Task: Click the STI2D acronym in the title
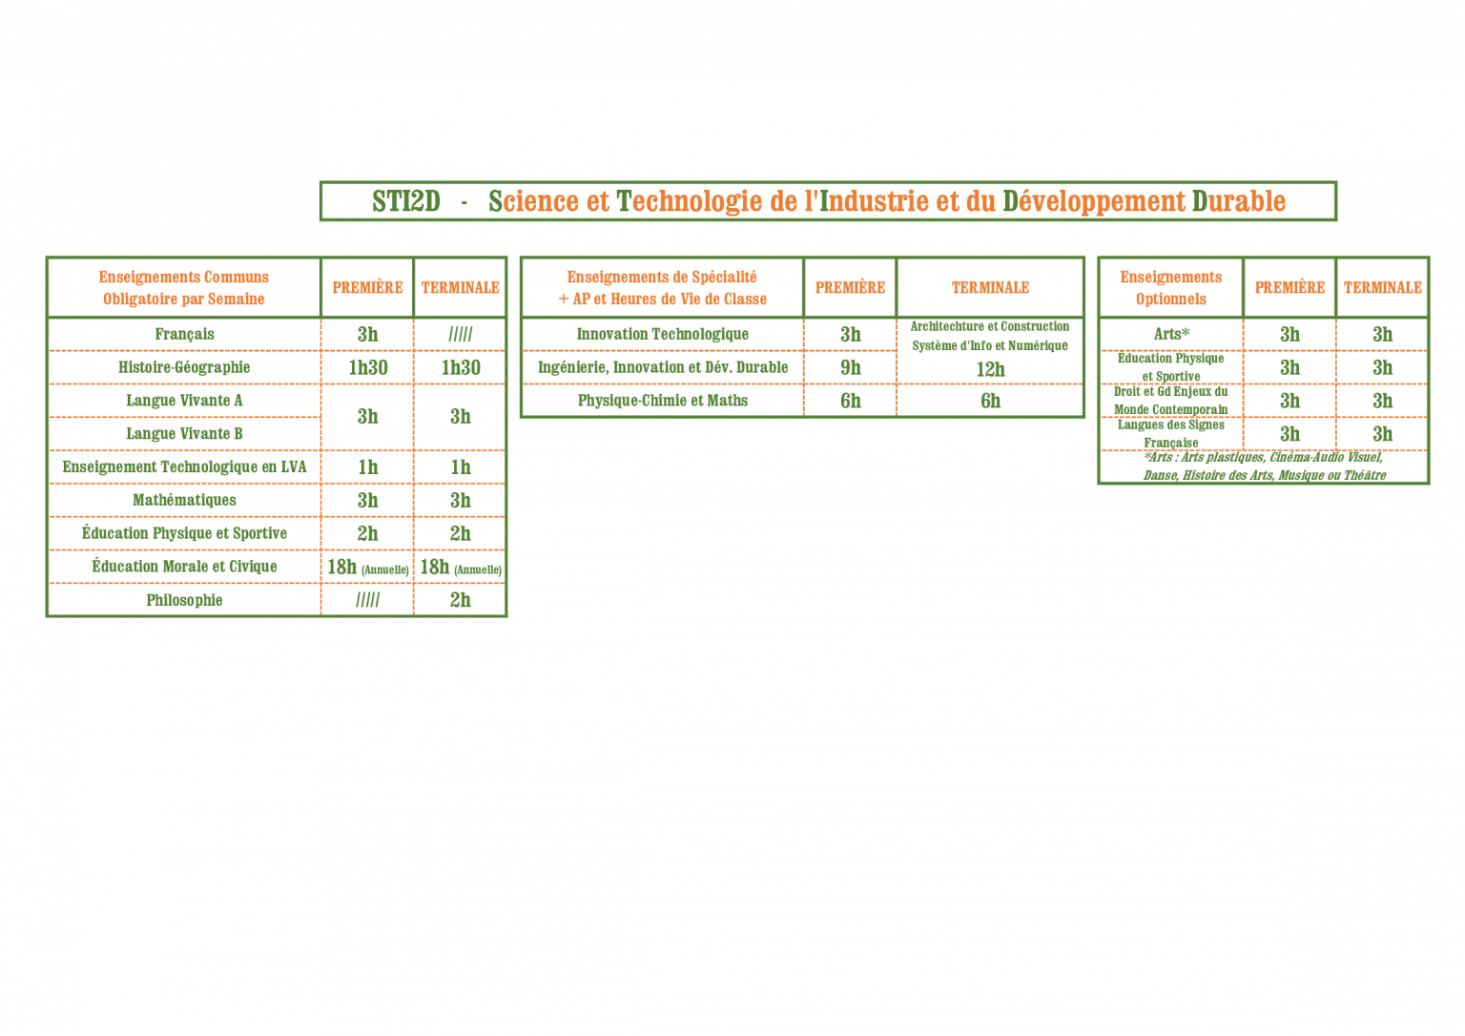pyautogui.click(x=406, y=201)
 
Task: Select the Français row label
pyautogui.click(x=184, y=334)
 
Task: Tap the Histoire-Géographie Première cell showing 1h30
pyautogui.click(x=367, y=367)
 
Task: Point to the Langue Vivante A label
pyautogui.click(x=184, y=400)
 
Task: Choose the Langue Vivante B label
pyautogui.click(x=184, y=433)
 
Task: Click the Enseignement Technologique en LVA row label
pyautogui.click(x=184, y=466)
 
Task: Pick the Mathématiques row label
pyautogui.click(x=184, y=500)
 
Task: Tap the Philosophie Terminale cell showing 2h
pyautogui.click(x=461, y=600)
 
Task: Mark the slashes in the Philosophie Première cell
pyautogui.click(x=367, y=600)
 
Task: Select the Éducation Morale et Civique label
pyautogui.click(x=184, y=566)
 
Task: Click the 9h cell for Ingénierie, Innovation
pyautogui.click(x=850, y=367)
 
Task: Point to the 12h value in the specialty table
pyautogui.click(x=991, y=369)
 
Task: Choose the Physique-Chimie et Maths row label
pyautogui.click(x=663, y=401)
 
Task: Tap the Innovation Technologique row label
pyautogui.click(x=663, y=334)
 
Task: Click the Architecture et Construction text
pyautogui.click(x=990, y=326)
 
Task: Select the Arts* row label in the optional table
pyautogui.click(x=1171, y=334)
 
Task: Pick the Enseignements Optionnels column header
pyautogui.click(x=1170, y=287)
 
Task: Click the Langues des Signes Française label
pyautogui.click(x=1170, y=433)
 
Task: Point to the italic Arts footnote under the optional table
pyautogui.click(x=1264, y=466)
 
